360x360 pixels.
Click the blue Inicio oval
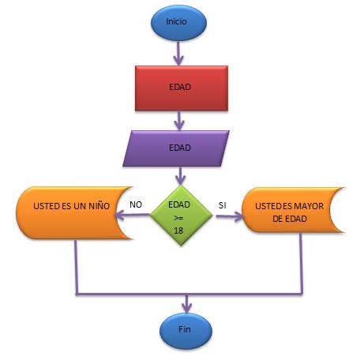click(178, 22)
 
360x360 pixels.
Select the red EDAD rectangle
click(180, 86)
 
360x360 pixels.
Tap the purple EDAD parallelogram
click(180, 147)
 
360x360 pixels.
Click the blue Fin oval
click(185, 328)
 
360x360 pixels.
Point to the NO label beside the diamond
click(135, 204)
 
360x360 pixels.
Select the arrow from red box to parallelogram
click(181, 118)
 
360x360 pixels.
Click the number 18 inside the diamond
click(181, 228)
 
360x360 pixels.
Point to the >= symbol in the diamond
click(181, 216)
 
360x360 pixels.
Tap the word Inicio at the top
click(178, 22)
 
